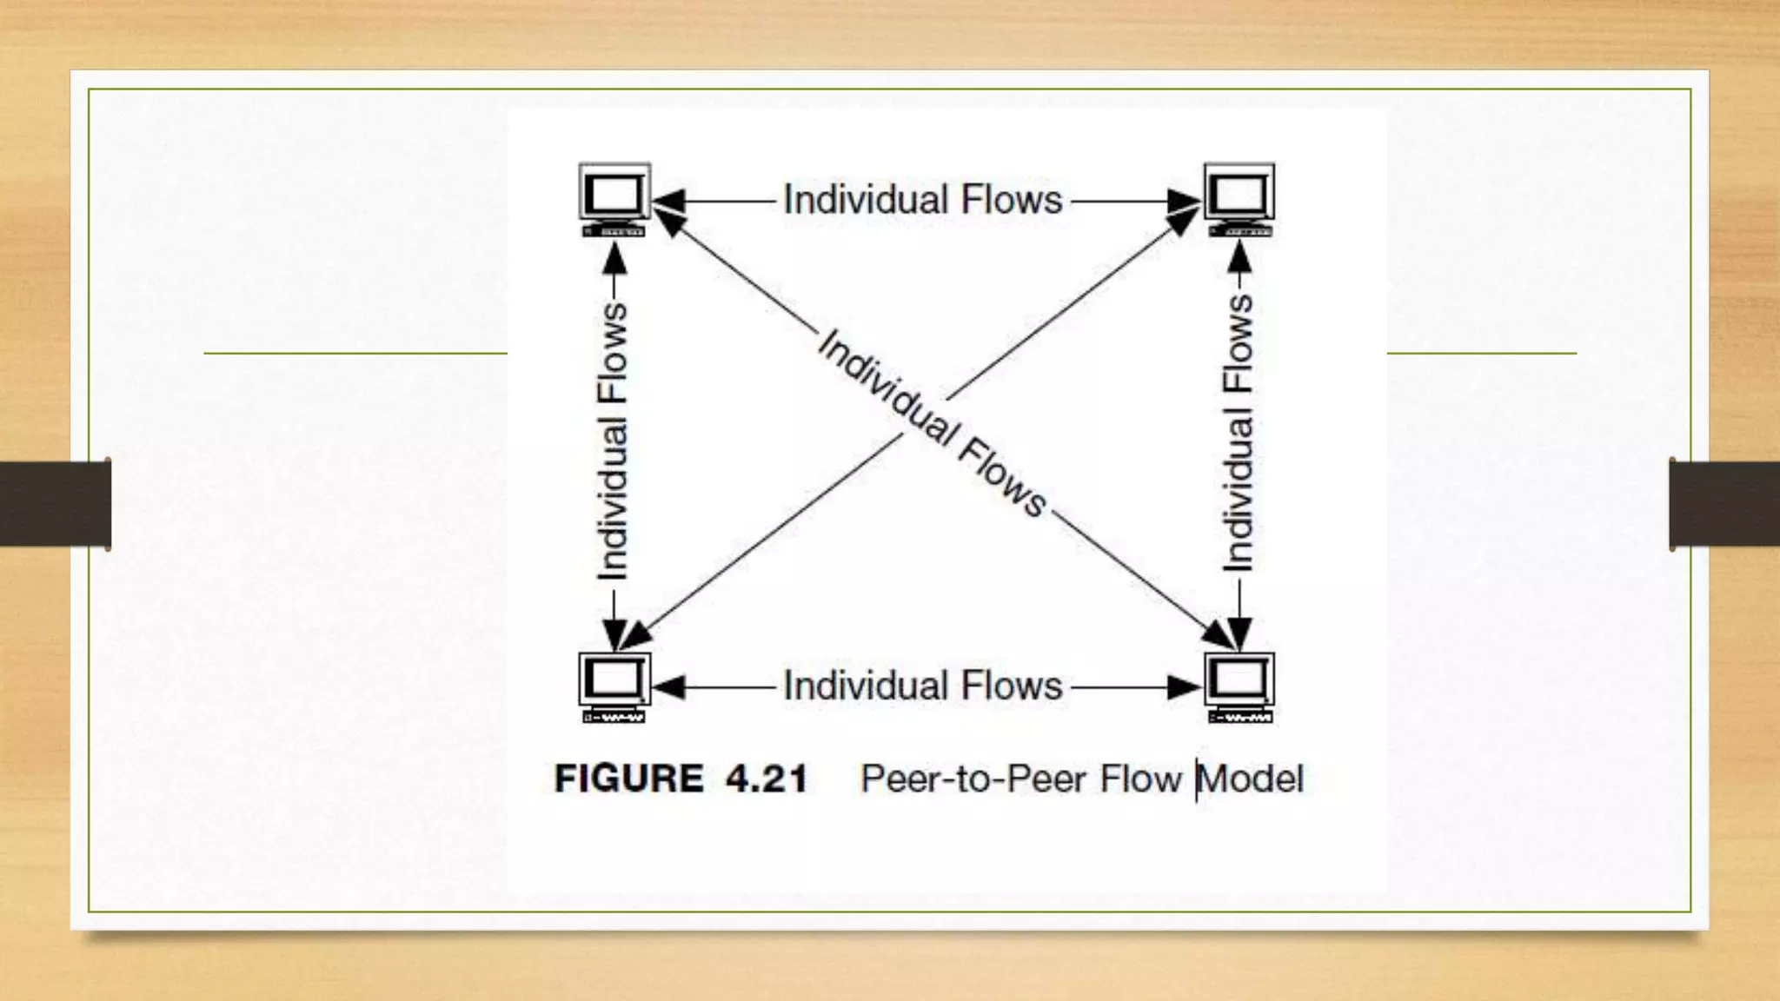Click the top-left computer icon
point(614,199)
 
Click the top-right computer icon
point(1239,199)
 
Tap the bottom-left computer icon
point(614,687)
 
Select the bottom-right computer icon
point(1239,687)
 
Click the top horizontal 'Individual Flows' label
point(923,200)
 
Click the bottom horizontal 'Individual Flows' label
point(923,686)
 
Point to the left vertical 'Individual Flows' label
point(613,441)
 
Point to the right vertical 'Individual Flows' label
point(1239,433)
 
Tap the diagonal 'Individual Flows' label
point(932,423)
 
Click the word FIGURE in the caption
point(629,779)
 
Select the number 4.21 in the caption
point(767,779)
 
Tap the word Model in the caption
point(1252,779)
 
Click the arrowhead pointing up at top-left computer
point(614,258)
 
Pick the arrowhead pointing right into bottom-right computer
point(1184,687)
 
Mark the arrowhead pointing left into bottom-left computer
point(669,687)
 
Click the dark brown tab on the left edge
point(55,504)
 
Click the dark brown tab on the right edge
point(1724,504)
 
